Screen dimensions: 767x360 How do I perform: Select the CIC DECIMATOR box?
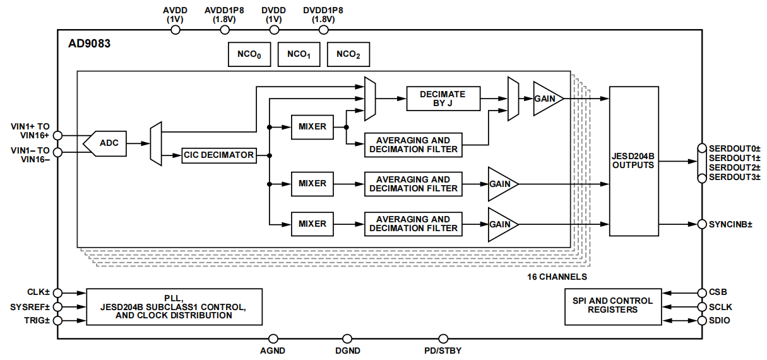coord(219,155)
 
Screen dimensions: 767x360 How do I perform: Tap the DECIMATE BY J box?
coord(443,99)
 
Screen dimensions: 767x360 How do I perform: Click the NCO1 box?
coord(299,54)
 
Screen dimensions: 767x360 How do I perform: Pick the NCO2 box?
coord(348,54)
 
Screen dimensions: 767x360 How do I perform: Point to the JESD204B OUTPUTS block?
coord(634,161)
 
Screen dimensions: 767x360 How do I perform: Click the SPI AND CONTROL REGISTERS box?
coord(613,307)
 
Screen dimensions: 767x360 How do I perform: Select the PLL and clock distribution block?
coord(174,307)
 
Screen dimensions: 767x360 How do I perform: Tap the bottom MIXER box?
coord(312,224)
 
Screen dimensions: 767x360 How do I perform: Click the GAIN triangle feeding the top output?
coord(546,99)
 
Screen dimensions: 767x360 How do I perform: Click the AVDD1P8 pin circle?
coord(225,30)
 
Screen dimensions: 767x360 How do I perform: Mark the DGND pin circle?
coord(347,339)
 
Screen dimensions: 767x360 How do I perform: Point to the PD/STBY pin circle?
coord(443,339)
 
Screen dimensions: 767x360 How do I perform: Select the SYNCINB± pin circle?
coord(702,224)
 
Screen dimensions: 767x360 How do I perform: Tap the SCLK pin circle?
coord(702,307)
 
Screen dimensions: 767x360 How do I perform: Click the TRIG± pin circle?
coord(58,321)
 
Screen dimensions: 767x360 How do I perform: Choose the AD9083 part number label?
coord(90,44)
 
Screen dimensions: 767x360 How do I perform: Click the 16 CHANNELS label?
coord(557,277)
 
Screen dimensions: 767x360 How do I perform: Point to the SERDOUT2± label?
coord(734,167)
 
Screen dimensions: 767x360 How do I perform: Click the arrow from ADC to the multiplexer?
coord(139,143)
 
